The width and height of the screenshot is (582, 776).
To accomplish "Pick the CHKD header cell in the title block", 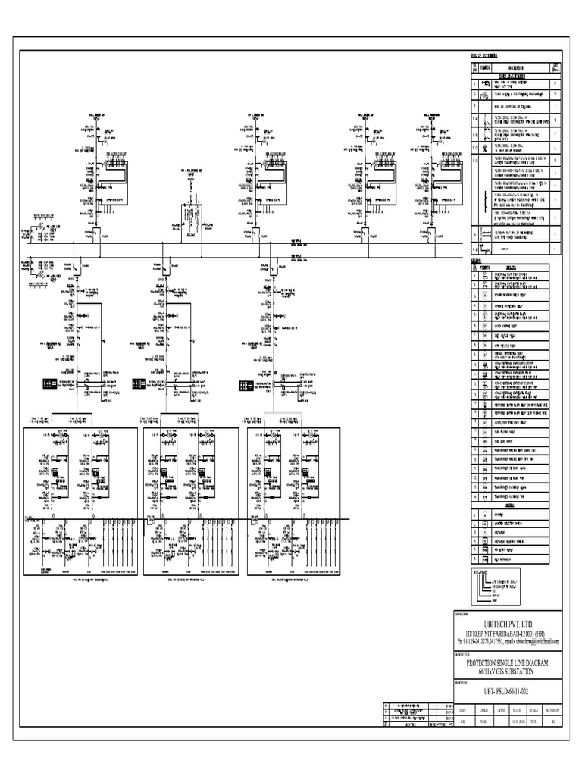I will point(482,710).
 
